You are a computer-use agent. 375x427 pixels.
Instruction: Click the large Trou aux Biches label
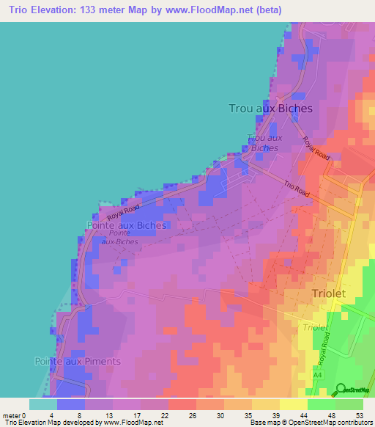point(270,109)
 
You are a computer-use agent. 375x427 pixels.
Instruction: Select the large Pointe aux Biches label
point(126,225)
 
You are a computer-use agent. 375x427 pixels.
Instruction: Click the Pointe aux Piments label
point(77,361)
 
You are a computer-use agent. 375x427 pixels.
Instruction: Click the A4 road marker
point(317,375)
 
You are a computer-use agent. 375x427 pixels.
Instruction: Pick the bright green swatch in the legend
point(321,404)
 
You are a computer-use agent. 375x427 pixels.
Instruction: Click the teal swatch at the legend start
point(42,404)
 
